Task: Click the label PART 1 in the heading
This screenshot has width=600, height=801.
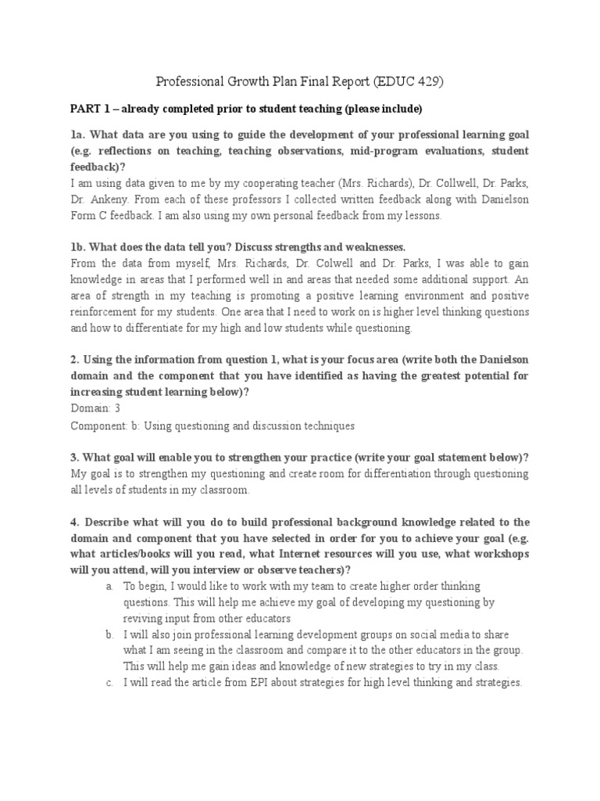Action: [x=90, y=108]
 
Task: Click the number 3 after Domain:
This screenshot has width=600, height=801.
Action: [x=117, y=408]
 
